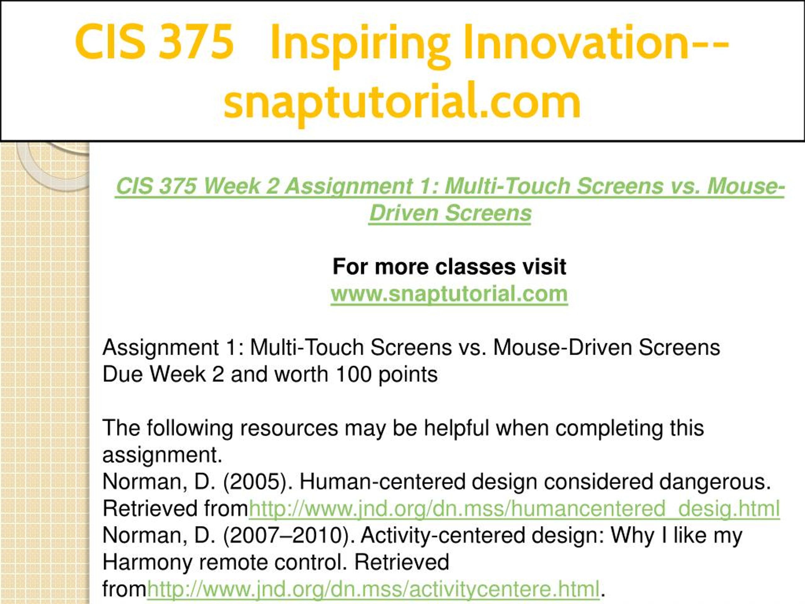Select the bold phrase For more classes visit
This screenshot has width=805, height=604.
(449, 266)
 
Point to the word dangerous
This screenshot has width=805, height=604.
(715, 482)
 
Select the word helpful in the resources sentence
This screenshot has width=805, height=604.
(456, 428)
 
